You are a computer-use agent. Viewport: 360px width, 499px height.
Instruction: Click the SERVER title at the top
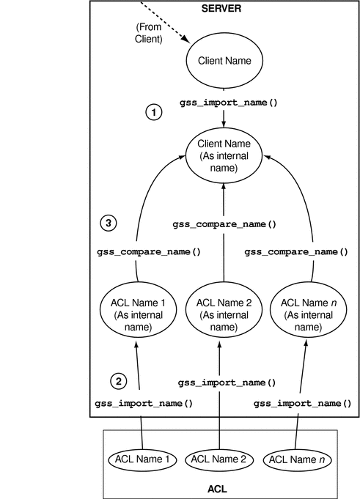point(221,8)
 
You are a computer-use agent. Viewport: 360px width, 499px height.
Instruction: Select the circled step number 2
point(120,380)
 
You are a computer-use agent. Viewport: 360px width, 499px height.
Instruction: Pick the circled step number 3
point(107,224)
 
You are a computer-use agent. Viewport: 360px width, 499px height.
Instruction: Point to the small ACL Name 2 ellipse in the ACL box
point(219,459)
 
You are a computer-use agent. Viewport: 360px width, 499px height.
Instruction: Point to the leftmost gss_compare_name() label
point(149,251)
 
